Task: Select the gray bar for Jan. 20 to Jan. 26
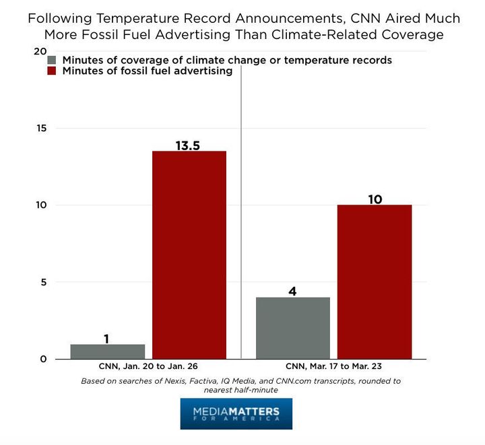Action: click(x=108, y=351)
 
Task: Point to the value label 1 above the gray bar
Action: click(x=106, y=338)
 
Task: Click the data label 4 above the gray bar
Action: click(x=292, y=291)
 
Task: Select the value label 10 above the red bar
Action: click(x=375, y=199)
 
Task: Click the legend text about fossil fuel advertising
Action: click(x=148, y=71)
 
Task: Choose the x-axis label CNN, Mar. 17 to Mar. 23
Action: click(x=333, y=368)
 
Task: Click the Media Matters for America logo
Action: click(x=236, y=413)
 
